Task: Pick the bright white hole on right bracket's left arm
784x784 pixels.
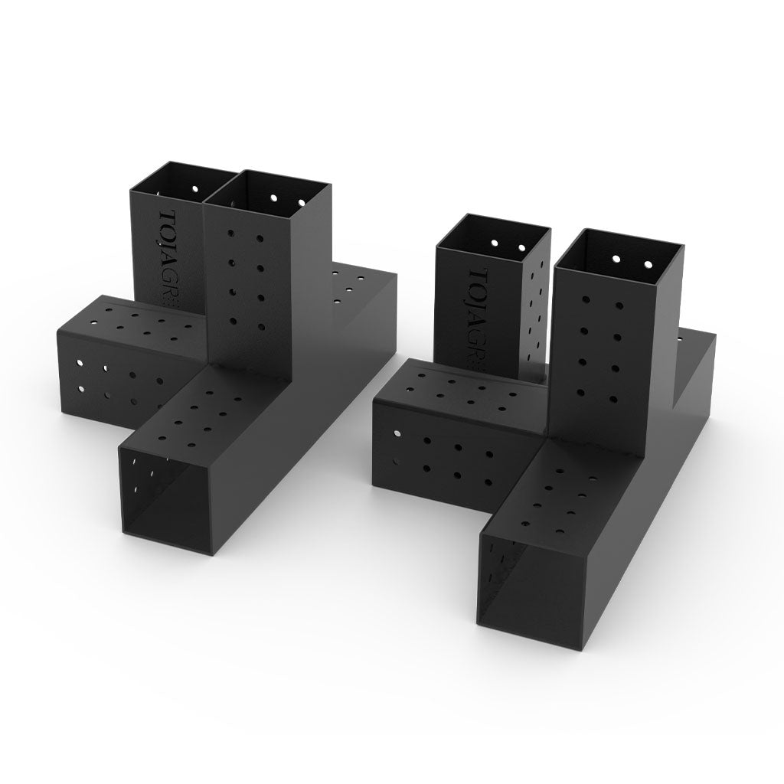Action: coord(397,434)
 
